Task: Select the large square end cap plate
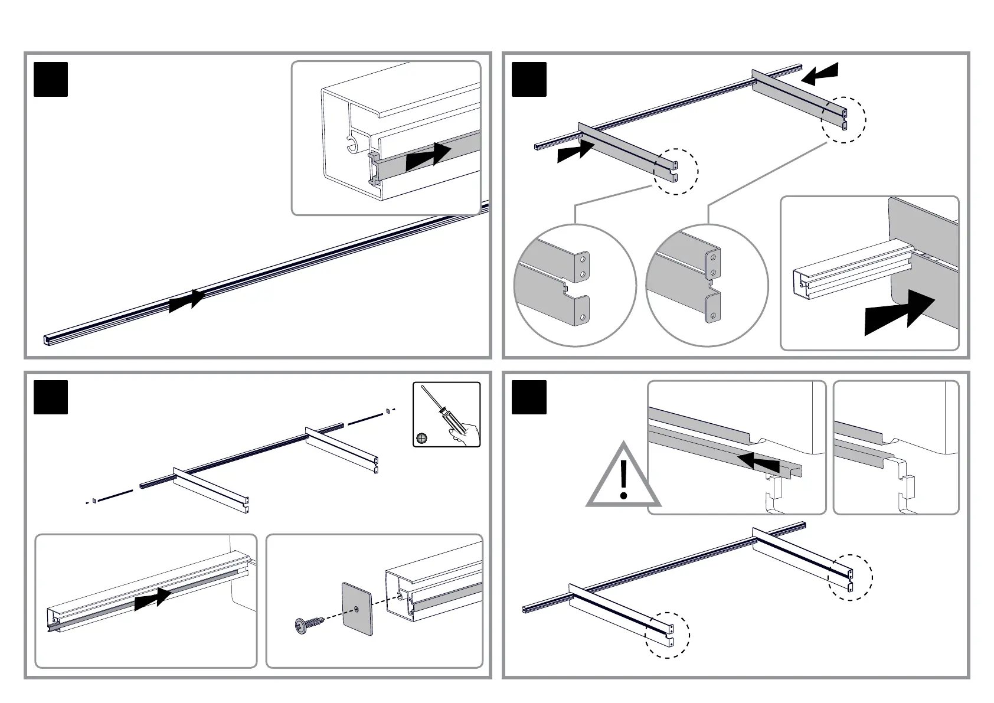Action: click(358, 609)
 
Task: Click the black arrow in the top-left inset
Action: click(429, 155)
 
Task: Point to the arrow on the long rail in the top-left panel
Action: click(187, 301)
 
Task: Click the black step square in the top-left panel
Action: click(51, 79)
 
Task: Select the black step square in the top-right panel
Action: click(529, 79)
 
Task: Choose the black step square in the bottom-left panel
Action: click(51, 397)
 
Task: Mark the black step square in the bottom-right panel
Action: click(529, 397)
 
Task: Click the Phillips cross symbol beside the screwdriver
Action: click(421, 437)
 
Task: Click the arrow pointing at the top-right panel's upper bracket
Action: click(819, 74)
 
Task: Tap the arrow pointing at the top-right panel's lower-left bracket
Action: click(576, 151)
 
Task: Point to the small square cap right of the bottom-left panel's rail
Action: click(387, 410)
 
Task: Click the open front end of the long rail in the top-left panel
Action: click(47, 339)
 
